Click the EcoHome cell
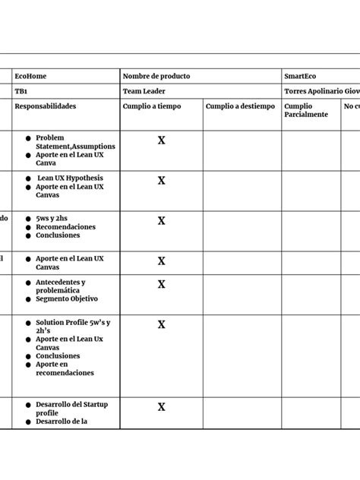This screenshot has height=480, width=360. pyautogui.click(x=30, y=77)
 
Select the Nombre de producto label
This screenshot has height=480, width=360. pyautogui.click(x=156, y=77)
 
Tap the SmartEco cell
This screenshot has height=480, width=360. pyautogui.click(x=300, y=77)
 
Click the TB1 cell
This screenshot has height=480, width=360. pyautogui.click(x=21, y=91)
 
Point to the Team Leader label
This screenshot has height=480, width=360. pyautogui.click(x=144, y=91)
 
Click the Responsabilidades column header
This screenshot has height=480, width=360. pyautogui.click(x=46, y=107)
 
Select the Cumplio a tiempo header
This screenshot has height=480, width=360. pyautogui.click(x=152, y=107)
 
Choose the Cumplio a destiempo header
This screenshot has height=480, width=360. pyautogui.click(x=240, y=107)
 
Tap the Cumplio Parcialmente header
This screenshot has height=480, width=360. pyautogui.click(x=306, y=111)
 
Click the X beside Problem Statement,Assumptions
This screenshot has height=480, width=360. pyautogui.click(x=161, y=141)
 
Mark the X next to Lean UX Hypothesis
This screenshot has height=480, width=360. pyautogui.click(x=161, y=181)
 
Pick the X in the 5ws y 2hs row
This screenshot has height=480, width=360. pyautogui.click(x=161, y=221)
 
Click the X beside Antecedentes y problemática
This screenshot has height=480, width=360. pyautogui.click(x=161, y=285)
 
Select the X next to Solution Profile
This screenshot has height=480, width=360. pyautogui.click(x=161, y=325)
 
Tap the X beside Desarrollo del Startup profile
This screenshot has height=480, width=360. pyautogui.click(x=161, y=407)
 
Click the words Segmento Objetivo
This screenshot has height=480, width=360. pyautogui.click(x=67, y=299)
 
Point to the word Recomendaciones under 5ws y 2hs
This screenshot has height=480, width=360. pyautogui.click(x=65, y=227)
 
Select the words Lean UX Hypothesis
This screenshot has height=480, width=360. pyautogui.click(x=70, y=178)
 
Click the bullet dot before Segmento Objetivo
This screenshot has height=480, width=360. pyautogui.click(x=28, y=299)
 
